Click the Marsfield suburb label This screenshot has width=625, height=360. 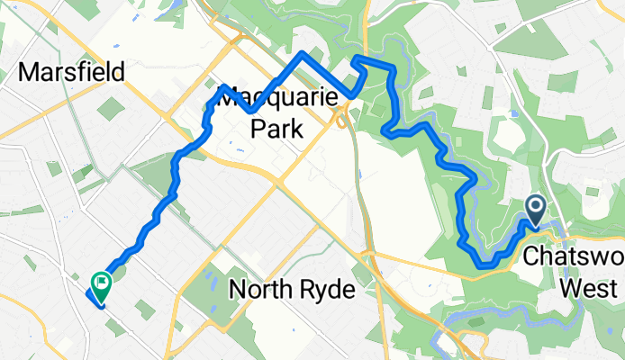70,72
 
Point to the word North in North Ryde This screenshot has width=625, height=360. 262,291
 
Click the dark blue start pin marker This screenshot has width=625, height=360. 535,211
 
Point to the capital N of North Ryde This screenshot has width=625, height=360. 238,291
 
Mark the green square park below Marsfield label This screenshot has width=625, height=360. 111,109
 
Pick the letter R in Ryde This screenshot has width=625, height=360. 307,291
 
